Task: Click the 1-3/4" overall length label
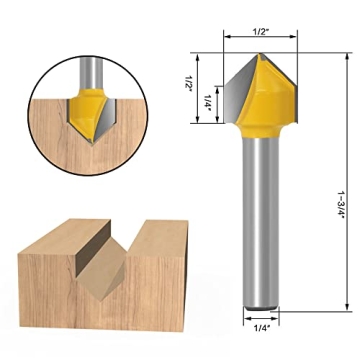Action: [x=340, y=183]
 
